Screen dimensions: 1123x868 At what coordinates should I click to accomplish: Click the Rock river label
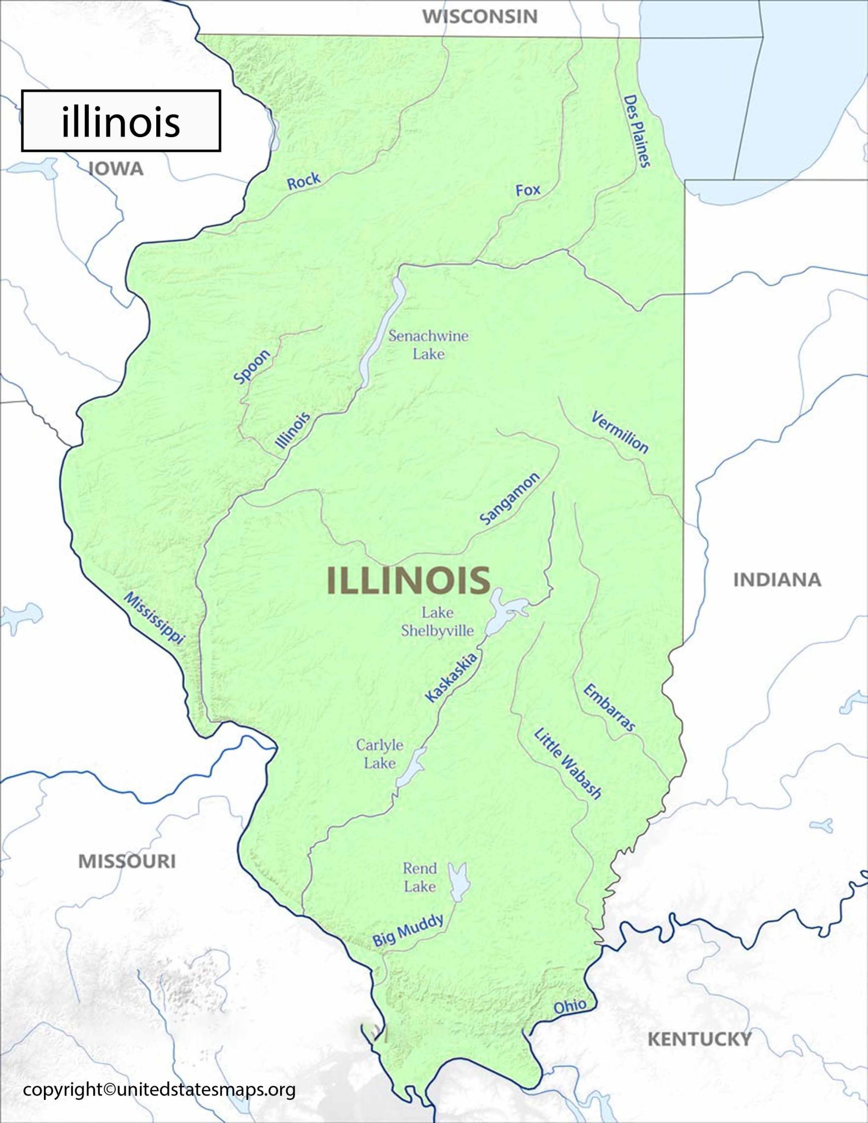(x=303, y=181)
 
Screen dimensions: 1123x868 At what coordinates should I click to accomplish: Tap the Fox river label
(x=527, y=190)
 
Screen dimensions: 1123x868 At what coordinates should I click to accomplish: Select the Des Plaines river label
(x=637, y=131)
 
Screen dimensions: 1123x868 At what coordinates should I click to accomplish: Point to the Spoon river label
(x=252, y=366)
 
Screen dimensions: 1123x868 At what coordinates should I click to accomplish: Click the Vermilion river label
(x=620, y=433)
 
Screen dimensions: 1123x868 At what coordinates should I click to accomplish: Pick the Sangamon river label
(x=509, y=498)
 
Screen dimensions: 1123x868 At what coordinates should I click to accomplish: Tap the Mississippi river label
(x=154, y=618)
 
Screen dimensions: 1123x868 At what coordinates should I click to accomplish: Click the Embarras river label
(x=609, y=707)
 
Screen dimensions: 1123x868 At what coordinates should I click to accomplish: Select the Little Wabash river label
(x=568, y=763)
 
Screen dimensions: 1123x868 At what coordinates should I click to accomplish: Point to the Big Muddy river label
(x=408, y=930)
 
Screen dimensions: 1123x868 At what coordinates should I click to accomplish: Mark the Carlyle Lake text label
(x=379, y=754)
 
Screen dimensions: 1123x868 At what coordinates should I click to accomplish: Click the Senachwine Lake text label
(x=428, y=344)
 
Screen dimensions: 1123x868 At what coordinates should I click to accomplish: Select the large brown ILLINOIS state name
(x=409, y=581)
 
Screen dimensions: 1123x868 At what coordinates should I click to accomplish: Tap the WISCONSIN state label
(x=479, y=16)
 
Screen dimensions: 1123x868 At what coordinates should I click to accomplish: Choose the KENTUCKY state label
(x=699, y=1039)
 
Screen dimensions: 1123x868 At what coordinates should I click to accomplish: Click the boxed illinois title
(x=121, y=121)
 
